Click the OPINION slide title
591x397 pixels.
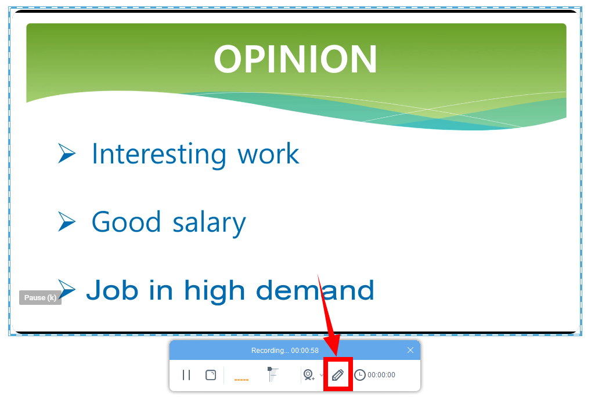tap(295, 59)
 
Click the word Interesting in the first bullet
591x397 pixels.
tap(158, 154)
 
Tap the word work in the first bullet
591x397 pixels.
tap(268, 154)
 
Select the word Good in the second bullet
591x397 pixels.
tap(126, 222)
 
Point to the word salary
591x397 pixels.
tap(209, 223)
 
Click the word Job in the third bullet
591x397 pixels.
tap(112, 290)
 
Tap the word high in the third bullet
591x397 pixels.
tap(214, 291)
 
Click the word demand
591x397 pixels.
tap(315, 290)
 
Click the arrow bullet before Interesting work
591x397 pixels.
tap(67, 154)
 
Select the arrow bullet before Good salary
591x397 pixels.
tap(67, 221)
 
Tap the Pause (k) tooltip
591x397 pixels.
tap(40, 298)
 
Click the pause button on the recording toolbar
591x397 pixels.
tap(186, 375)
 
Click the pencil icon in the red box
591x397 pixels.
tap(338, 375)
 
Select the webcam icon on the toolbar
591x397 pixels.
tap(309, 375)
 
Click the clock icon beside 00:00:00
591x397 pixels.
tap(360, 375)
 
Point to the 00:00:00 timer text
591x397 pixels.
tap(381, 375)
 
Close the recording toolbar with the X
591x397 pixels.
tap(410, 350)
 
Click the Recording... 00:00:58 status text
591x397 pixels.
tap(285, 350)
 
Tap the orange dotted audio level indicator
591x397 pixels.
tap(242, 380)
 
